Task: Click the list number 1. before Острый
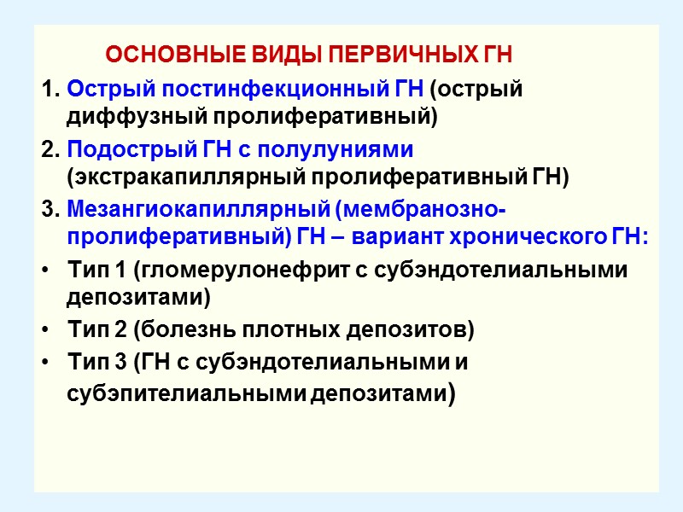tap(50, 89)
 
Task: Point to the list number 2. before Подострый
tap(50, 149)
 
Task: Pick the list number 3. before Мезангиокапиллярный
tap(50, 210)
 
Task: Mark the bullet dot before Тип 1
tap(44, 271)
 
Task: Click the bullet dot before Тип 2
tap(44, 329)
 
